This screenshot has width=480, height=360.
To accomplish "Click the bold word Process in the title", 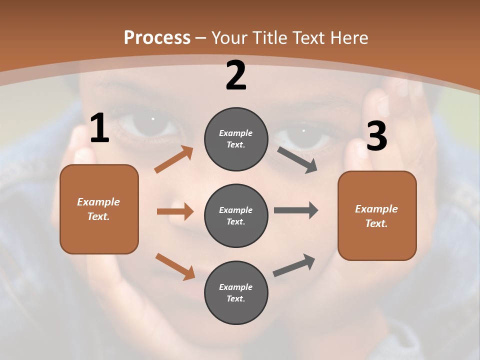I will [x=157, y=38].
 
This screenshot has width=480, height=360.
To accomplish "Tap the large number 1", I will [x=99, y=128].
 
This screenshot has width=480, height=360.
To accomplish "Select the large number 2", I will [x=236, y=76].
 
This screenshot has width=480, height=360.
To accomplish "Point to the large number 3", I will [x=376, y=136].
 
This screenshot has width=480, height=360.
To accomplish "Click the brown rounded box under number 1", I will [x=99, y=209].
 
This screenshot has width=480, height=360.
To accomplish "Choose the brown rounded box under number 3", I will [x=377, y=215].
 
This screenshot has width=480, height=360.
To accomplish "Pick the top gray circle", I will [x=236, y=139].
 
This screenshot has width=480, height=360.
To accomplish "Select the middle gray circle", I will [x=236, y=215].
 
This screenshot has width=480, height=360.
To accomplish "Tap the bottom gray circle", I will [x=236, y=292].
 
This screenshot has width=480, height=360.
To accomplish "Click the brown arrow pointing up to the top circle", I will [x=174, y=159].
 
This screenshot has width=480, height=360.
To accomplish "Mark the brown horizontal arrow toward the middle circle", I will [x=175, y=211].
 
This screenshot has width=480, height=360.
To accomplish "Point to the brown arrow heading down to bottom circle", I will [x=175, y=266].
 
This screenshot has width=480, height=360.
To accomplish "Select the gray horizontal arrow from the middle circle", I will [x=296, y=210].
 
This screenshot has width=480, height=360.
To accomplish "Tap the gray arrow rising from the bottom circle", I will [x=294, y=265].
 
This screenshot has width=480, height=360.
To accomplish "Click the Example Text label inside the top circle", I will [x=236, y=139].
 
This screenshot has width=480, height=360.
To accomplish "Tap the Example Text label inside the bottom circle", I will [x=236, y=292].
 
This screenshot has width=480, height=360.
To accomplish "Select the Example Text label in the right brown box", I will [x=376, y=216].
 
